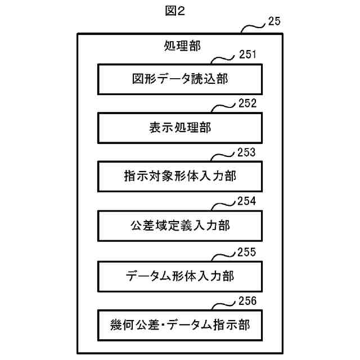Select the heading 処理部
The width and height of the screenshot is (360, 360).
[180, 45]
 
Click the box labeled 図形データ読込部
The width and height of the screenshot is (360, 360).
[180, 79]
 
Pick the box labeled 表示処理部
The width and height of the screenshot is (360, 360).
[180, 128]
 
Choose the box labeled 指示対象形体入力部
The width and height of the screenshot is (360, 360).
[180, 177]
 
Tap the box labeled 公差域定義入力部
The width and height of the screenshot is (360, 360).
[180, 226]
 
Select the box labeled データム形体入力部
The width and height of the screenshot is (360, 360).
[180, 275]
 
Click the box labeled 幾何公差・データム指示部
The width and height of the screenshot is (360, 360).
[180, 324]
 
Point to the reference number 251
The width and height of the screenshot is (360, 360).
[247, 55]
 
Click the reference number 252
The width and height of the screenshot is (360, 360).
[247, 103]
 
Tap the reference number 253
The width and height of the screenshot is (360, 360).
[247, 152]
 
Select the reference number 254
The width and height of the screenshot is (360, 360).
[247, 201]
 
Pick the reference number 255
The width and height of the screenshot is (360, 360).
[247, 251]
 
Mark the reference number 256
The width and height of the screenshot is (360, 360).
[247, 300]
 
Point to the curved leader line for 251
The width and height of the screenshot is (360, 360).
[225, 58]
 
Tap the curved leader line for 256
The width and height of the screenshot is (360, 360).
[225, 304]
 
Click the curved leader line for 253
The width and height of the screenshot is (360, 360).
[225, 156]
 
